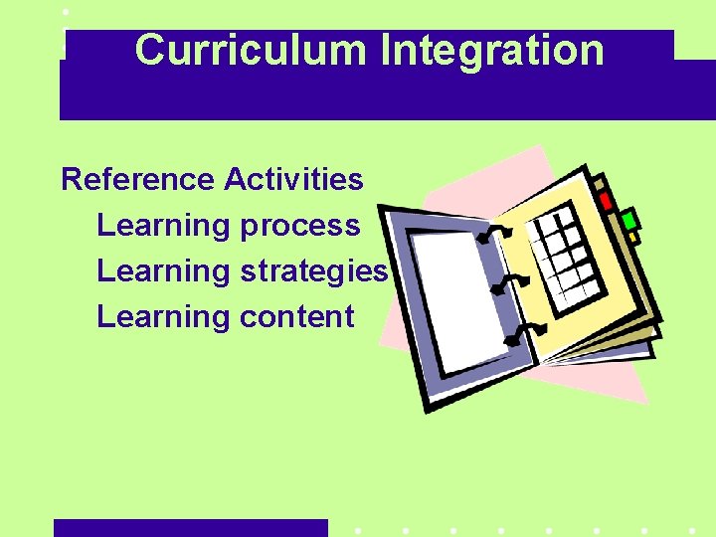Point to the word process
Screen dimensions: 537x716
pos(299,227)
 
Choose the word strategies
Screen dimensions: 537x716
pos(313,271)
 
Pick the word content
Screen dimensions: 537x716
pos(296,317)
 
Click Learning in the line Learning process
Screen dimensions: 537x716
pos(162,226)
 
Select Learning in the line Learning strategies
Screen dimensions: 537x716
pos(162,271)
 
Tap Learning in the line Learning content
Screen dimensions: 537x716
pos(162,317)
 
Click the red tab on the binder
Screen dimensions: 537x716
pos(606,200)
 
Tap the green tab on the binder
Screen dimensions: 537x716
pos(628,220)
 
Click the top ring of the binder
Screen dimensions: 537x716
pos(493,235)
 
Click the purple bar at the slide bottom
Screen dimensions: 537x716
pos(190,528)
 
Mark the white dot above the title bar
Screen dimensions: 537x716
pos(65,12)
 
